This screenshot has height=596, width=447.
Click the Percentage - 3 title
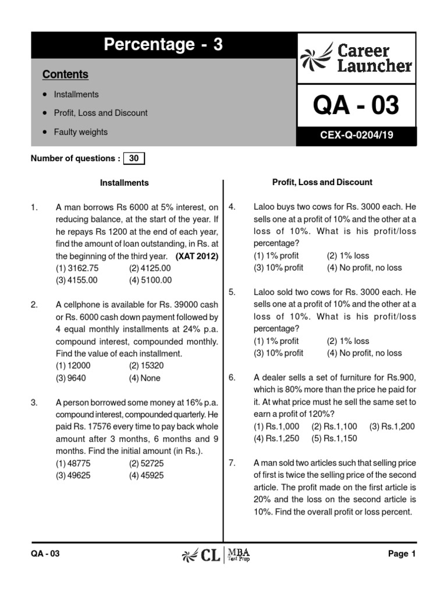click(164, 45)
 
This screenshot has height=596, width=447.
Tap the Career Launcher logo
click(357, 58)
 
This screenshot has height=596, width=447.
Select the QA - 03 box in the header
click(356, 106)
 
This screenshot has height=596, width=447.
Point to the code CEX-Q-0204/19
click(356, 135)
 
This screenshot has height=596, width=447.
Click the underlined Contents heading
click(65, 74)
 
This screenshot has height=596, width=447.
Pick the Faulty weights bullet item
click(80, 132)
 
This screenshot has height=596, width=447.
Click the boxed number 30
click(134, 158)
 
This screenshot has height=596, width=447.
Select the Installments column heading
click(124, 183)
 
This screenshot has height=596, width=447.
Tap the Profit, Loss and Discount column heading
click(322, 182)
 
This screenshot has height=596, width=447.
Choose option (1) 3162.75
click(77, 268)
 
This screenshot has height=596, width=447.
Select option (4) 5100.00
click(151, 280)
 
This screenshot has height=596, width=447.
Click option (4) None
click(145, 378)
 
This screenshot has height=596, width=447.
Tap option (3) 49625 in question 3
click(73, 476)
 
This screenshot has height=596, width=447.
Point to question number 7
click(232, 463)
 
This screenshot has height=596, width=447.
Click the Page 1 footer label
click(402, 554)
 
